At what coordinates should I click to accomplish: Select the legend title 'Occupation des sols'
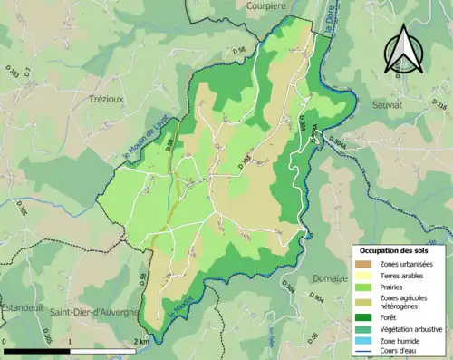(x=395, y=250)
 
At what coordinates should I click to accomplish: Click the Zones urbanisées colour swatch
(x=364, y=264)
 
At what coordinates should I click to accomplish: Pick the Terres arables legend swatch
(x=364, y=276)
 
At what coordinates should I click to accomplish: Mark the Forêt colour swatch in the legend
(x=364, y=316)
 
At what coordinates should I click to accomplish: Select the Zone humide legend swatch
(x=364, y=340)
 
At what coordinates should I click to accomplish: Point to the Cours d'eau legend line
(x=364, y=352)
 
